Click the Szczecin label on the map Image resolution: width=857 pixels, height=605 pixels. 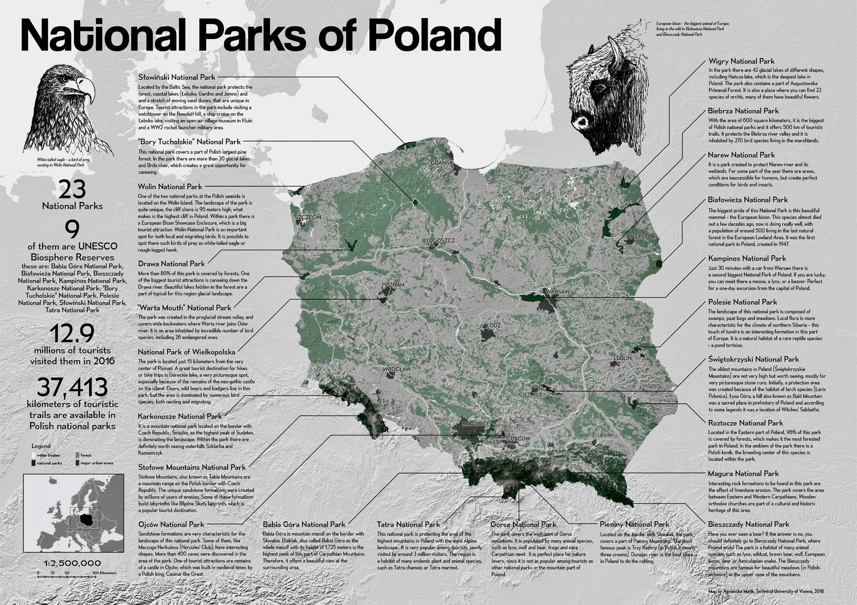[x=308, y=218]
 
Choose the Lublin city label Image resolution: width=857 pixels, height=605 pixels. [x=622, y=358]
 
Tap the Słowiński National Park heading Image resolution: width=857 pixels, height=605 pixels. [x=177, y=77]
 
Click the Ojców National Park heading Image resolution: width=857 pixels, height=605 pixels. [x=171, y=524]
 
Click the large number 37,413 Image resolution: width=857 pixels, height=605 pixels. [x=72, y=388]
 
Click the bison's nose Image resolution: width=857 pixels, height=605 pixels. [x=582, y=120]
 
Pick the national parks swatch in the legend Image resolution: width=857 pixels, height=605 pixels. [x=33, y=463]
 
